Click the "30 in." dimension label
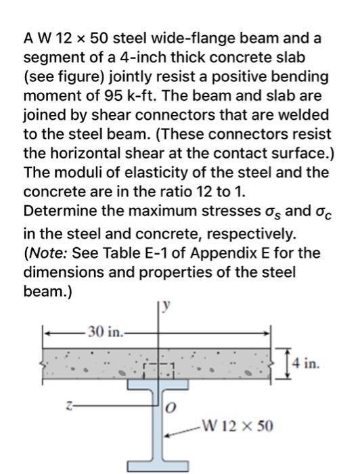[x=105, y=333]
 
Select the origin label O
[x=172, y=408]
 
